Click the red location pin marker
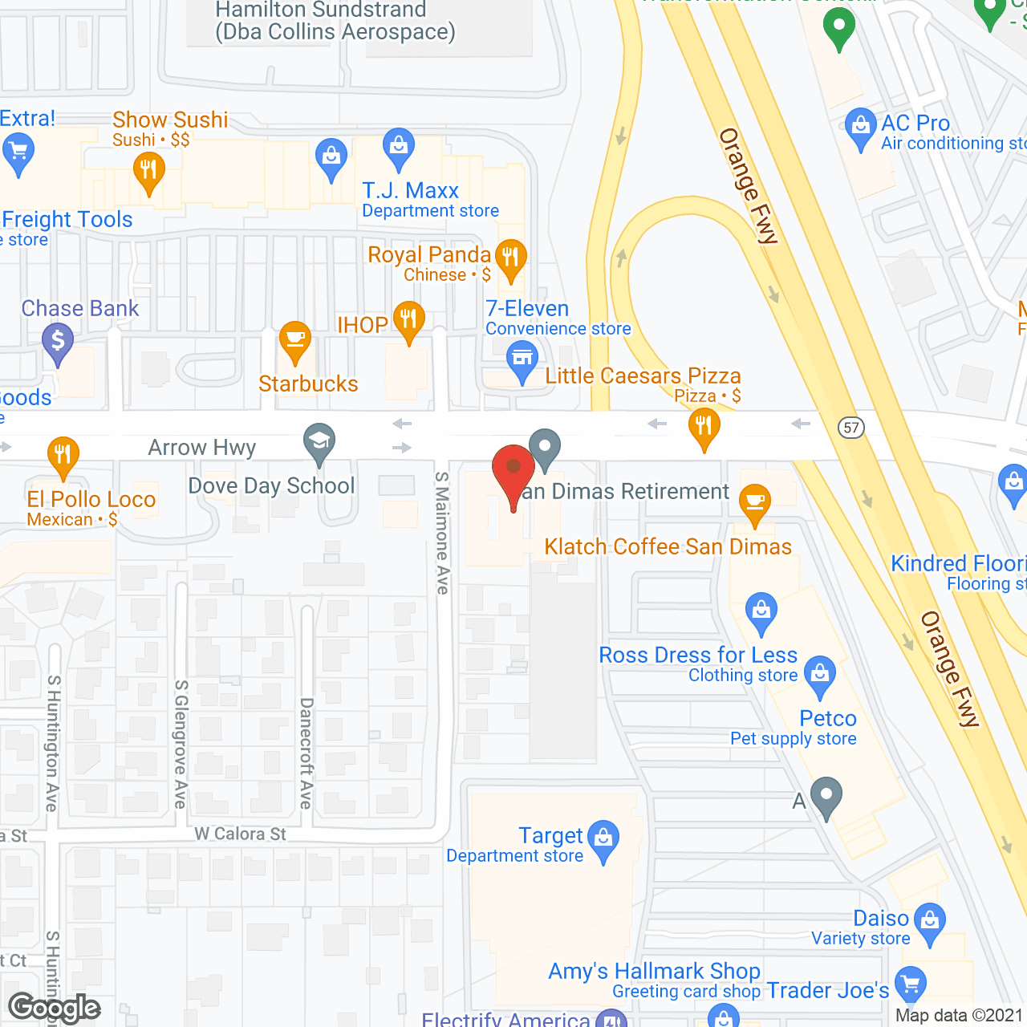pos(513,469)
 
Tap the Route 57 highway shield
pos(851,427)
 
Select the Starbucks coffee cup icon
pos(295,340)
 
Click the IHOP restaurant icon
pos(409,319)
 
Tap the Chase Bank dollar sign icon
pos(58,341)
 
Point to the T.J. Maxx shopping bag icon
pos(398,146)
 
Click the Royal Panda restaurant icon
pos(511,258)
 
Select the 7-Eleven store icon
pos(522,358)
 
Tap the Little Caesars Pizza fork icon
pos(704,426)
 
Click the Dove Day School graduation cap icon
pos(319,441)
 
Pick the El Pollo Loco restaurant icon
pos(63,455)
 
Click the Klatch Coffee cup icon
pos(754,502)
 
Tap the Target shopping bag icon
pos(603,838)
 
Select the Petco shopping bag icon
pos(820,673)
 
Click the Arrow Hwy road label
pos(202,447)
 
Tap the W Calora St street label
pos(240,834)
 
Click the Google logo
pos(55,1008)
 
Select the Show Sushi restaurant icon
pos(148,171)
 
